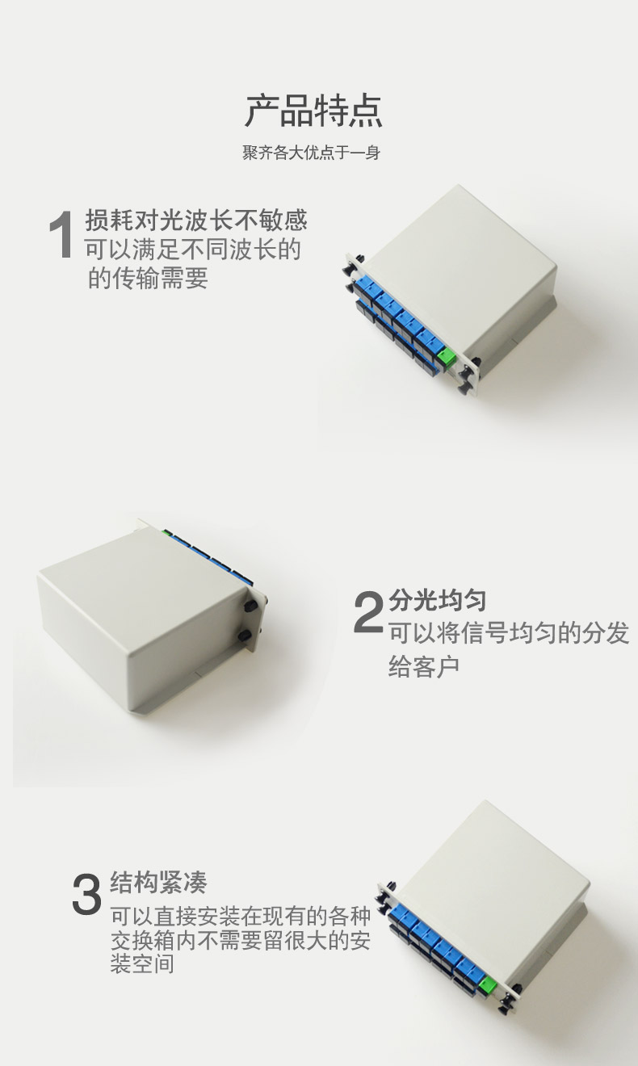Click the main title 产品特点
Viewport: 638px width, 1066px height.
[313, 111]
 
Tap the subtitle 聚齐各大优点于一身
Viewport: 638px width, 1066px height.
[312, 153]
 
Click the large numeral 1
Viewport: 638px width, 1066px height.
[61, 234]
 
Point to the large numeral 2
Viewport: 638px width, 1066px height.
[369, 611]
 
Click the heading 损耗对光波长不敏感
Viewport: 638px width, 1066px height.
[196, 220]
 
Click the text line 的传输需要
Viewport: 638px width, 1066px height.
[149, 278]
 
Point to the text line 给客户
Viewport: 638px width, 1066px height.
[424, 665]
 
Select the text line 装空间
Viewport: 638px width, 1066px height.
[142, 964]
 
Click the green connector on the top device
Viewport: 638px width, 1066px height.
[447, 359]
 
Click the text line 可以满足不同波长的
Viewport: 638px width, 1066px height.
[193, 249]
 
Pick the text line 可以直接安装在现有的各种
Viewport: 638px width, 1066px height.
[241, 916]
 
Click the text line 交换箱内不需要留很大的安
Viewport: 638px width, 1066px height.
[241, 940]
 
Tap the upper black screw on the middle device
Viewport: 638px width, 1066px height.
[250, 606]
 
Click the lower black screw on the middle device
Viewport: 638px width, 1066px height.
[245, 636]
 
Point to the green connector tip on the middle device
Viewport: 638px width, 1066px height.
[166, 532]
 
